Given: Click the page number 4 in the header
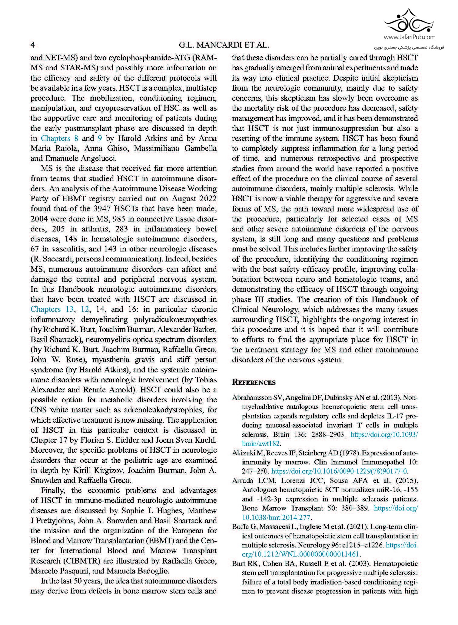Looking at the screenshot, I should tap(33, 45).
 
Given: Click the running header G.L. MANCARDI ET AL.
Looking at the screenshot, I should tap(224, 45).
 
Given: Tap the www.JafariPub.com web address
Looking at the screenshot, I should tap(410, 37).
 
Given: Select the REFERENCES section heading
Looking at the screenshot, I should tap(254, 382).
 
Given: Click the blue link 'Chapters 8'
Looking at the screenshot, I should tap(60, 138).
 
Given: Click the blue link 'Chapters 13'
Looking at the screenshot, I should tap(52, 309).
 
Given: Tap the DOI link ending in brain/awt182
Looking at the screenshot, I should tap(261, 444).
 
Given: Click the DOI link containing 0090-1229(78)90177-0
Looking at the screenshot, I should tap(339, 471).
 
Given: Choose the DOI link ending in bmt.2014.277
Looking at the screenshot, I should tap(277, 517).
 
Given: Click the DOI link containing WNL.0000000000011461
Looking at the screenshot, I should tap(300, 554).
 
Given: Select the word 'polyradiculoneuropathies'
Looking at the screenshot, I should tap(175, 320).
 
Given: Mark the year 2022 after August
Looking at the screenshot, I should tap(207, 199).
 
